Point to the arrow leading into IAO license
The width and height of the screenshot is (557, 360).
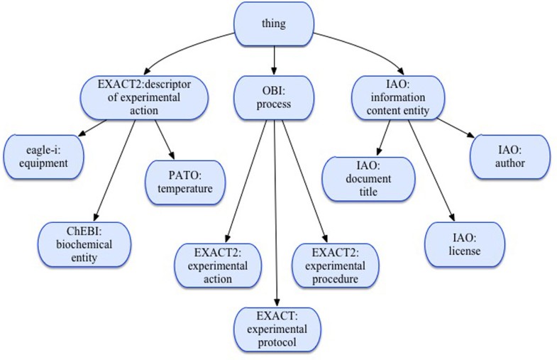coord(431,170)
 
